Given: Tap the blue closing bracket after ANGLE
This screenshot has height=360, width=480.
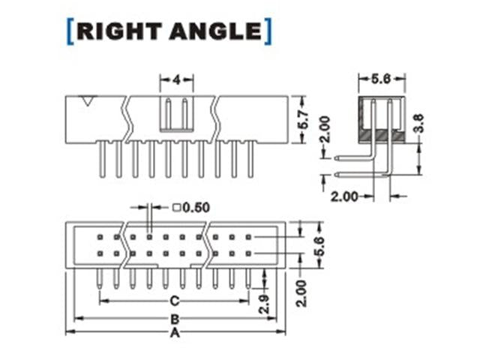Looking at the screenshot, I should (x=267, y=31).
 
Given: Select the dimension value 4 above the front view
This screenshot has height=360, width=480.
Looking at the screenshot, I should (x=177, y=79).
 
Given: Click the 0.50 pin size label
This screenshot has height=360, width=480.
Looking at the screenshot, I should (x=196, y=208).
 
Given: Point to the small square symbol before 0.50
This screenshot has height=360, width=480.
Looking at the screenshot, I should (x=176, y=208).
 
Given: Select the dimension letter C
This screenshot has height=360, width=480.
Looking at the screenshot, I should (x=174, y=301).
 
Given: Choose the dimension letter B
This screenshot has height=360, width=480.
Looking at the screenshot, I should (x=174, y=318).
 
